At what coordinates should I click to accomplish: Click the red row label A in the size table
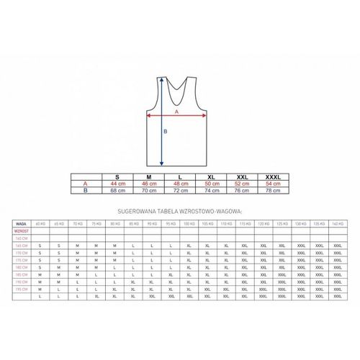tap(86, 184)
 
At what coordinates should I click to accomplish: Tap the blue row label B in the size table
tap(86, 192)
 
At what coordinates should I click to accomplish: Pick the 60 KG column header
tap(40, 224)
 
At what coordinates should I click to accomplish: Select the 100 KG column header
tap(189, 224)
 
